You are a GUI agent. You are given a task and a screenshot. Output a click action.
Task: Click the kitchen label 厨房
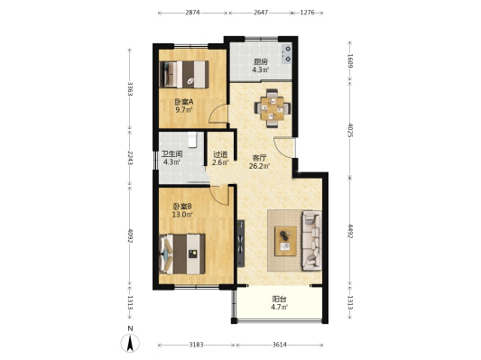[x=260, y=61]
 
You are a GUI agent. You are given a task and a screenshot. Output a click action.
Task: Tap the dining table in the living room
[x=273, y=108]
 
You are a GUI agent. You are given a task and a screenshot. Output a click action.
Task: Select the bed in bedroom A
[x=184, y=75]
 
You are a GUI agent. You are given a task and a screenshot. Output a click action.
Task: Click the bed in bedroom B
[x=182, y=254]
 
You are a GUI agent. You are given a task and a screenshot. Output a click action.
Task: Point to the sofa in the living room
[x=311, y=241]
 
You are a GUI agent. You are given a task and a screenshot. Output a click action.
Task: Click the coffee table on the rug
[x=285, y=241]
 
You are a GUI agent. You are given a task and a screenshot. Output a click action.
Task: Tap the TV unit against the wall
[x=241, y=244]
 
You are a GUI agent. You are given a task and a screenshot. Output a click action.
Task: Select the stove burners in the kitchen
[x=287, y=53]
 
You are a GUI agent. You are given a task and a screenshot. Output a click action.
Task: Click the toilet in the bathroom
[x=192, y=140]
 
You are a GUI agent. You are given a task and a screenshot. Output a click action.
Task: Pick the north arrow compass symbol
[x=130, y=343]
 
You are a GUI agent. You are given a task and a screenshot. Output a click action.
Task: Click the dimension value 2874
[x=192, y=13]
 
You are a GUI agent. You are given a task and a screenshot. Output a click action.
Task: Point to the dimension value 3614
[x=280, y=345]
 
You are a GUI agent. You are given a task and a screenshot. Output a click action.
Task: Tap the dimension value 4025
[x=350, y=130]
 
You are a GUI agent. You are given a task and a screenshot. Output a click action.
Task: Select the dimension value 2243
[x=130, y=158]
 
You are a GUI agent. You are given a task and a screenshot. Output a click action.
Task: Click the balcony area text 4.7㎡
[x=279, y=307]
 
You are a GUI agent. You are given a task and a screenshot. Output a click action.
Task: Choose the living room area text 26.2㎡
[x=260, y=166]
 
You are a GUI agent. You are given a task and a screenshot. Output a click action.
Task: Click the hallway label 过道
[x=220, y=155]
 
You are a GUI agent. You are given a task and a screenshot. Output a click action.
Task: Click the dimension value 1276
[x=307, y=13]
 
